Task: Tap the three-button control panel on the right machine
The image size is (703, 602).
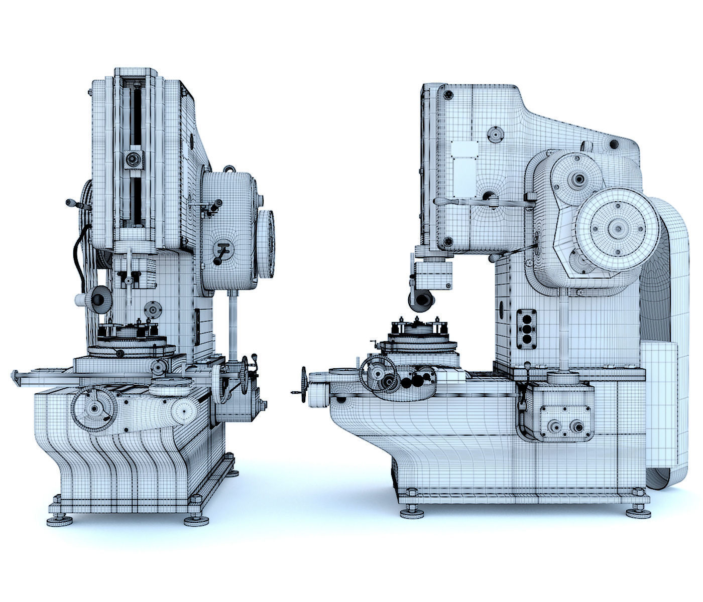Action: click(526, 328)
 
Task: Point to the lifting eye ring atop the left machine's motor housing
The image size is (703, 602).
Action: click(229, 169)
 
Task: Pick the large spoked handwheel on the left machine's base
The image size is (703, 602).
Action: click(94, 410)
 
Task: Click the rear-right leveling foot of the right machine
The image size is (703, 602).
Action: click(638, 512)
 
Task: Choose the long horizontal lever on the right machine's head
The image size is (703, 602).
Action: click(482, 202)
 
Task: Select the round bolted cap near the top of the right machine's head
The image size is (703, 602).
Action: click(497, 134)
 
